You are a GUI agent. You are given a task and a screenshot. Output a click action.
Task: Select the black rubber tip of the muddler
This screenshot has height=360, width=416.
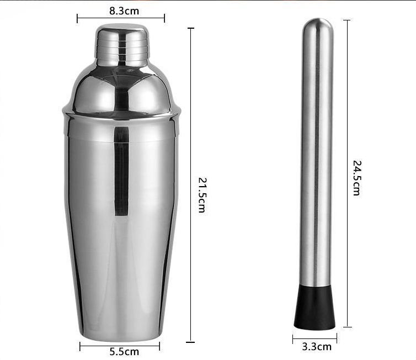click(x=315, y=307)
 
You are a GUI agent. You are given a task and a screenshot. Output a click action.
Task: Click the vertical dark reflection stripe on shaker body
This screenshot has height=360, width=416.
click(x=121, y=171)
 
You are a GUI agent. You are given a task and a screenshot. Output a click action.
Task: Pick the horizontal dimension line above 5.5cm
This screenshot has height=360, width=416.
click(x=120, y=346)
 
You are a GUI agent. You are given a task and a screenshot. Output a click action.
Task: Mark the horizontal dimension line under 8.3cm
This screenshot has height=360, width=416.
click(x=121, y=18)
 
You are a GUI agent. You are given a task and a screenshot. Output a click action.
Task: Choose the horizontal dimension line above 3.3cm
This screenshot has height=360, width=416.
click(x=314, y=337)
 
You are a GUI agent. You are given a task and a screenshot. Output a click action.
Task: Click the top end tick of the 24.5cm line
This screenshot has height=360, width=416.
click(x=346, y=20)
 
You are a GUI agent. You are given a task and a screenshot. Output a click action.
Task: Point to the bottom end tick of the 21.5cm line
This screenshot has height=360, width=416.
click(x=191, y=342)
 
